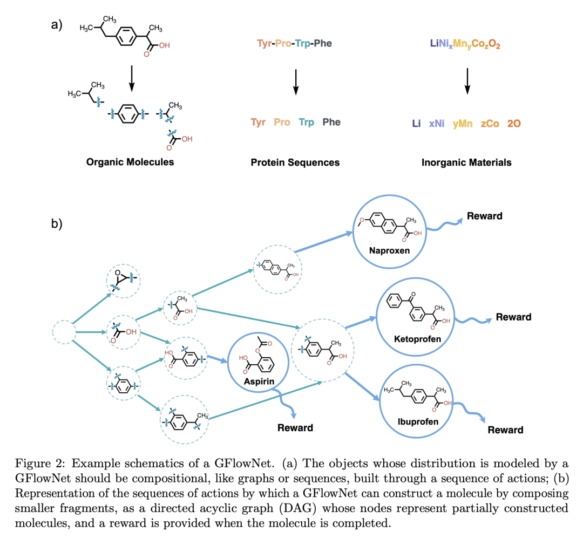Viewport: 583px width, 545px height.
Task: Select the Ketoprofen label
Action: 417,339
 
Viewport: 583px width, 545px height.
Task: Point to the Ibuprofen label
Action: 415,421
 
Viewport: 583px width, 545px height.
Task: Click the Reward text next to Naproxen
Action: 485,216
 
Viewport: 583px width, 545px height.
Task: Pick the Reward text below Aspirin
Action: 295,427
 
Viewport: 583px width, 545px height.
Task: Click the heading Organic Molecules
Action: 130,161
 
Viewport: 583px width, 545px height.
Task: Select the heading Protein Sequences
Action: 295,162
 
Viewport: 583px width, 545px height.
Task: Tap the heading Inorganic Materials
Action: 466,162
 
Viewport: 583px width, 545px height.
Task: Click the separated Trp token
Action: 306,122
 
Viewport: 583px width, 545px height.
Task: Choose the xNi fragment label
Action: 437,124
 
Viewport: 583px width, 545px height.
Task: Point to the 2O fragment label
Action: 514,124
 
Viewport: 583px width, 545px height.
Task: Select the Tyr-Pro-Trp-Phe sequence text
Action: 295,43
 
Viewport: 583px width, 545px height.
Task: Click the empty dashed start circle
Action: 64,332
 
